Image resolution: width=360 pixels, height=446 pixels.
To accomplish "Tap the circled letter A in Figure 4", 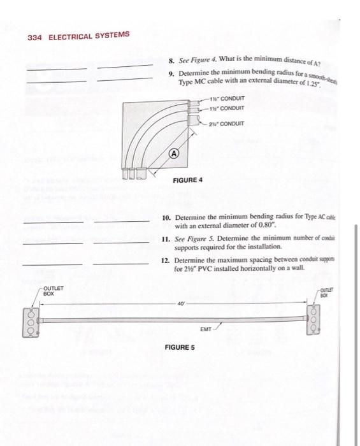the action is [x=173, y=154].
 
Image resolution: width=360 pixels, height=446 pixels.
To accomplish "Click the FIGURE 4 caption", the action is [x=188, y=180].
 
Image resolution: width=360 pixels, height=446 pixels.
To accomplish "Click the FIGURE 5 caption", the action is [x=180, y=347].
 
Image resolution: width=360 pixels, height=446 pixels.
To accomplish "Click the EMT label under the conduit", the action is [x=205, y=330].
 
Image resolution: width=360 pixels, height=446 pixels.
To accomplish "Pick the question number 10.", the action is [x=167, y=218].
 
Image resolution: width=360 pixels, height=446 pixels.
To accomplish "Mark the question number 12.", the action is [x=167, y=260].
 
